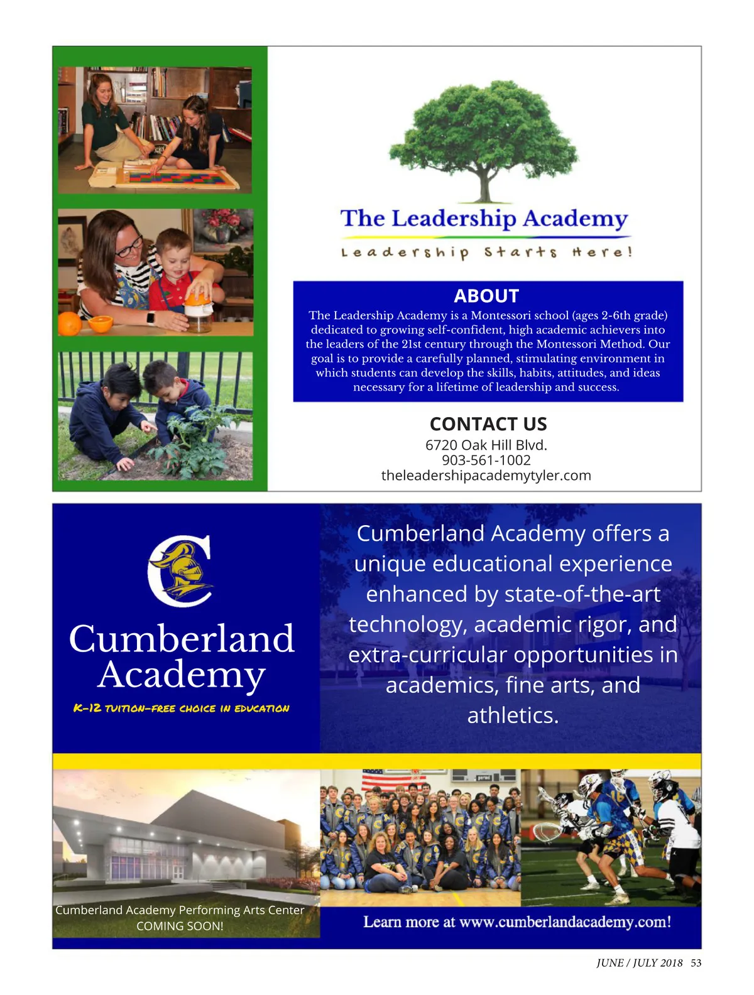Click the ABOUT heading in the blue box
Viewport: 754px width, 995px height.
(486, 296)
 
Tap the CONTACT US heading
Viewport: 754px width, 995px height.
(488, 424)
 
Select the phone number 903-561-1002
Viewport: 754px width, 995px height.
(486, 460)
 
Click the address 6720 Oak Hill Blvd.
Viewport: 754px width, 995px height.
(486, 445)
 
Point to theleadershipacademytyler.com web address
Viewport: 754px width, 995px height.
(486, 476)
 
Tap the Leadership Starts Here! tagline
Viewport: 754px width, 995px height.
(486, 253)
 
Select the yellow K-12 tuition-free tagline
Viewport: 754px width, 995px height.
(181, 709)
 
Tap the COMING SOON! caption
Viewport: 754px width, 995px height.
(180, 926)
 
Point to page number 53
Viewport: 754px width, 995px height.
(696, 963)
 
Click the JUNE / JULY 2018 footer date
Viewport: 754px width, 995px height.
(639, 963)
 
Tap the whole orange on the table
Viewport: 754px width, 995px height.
(69, 324)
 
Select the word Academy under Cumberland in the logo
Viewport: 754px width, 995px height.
(182, 675)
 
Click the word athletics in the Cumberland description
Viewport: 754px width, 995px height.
(512, 715)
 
